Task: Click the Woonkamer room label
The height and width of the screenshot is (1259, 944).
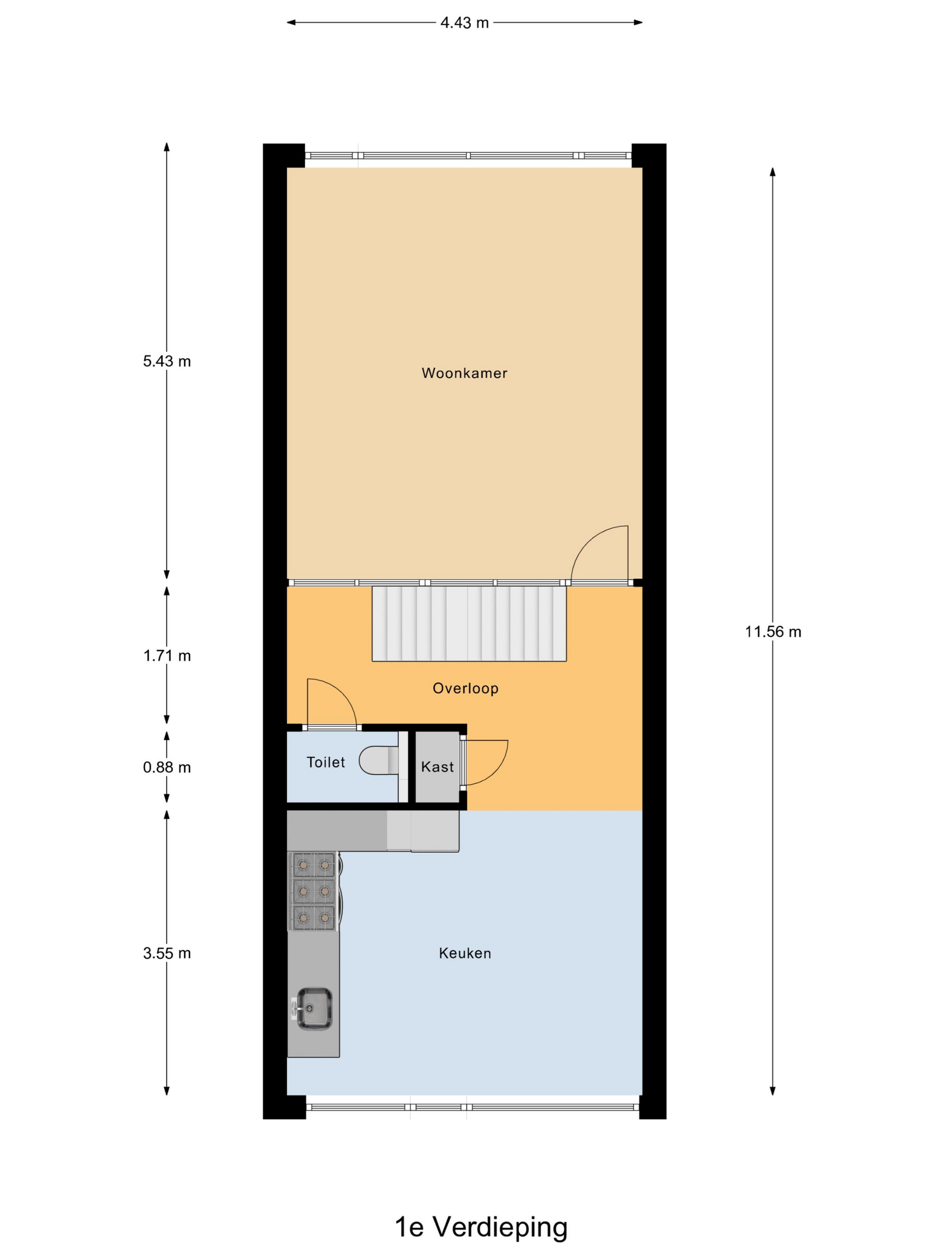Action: (x=464, y=373)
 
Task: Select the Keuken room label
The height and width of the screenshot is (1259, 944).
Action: (x=465, y=953)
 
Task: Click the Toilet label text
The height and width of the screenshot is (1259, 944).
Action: (x=325, y=762)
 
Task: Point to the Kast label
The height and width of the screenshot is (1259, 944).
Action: (x=437, y=767)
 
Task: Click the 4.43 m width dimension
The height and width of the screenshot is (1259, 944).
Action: (x=464, y=23)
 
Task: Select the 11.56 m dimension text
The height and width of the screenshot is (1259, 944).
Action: (x=773, y=631)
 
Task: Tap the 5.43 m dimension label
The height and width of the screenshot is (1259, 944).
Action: (x=167, y=361)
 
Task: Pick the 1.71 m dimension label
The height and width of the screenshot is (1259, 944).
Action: (x=167, y=656)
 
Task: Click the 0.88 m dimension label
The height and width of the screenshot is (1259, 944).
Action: (x=167, y=767)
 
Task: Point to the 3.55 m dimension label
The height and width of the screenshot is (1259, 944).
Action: (x=167, y=953)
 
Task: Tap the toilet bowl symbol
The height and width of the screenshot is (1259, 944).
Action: (x=379, y=760)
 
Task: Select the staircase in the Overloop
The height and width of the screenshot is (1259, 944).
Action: (x=469, y=623)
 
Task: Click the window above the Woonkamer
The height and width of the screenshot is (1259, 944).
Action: (x=468, y=156)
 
